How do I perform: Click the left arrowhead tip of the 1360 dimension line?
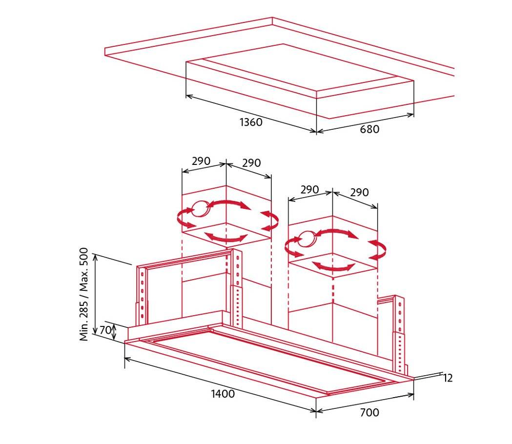[x=186, y=96]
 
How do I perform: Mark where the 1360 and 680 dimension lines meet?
[x=316, y=132]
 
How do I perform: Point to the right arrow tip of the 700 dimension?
[x=414, y=395]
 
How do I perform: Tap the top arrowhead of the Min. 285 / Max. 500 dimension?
[x=95, y=254]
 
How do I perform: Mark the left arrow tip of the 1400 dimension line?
[x=125, y=358]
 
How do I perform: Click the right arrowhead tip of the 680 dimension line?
[x=414, y=114]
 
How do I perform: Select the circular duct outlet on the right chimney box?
[x=307, y=239]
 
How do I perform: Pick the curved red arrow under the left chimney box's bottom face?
[x=226, y=237]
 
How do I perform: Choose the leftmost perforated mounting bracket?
[x=142, y=294]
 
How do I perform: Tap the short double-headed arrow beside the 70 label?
[x=114, y=332]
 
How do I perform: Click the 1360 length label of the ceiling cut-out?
[x=251, y=122]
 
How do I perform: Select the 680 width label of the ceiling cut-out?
[x=369, y=129]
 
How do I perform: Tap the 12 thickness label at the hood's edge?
[x=448, y=378]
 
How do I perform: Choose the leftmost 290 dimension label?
[x=201, y=161]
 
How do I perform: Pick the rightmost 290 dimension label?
[x=360, y=192]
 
